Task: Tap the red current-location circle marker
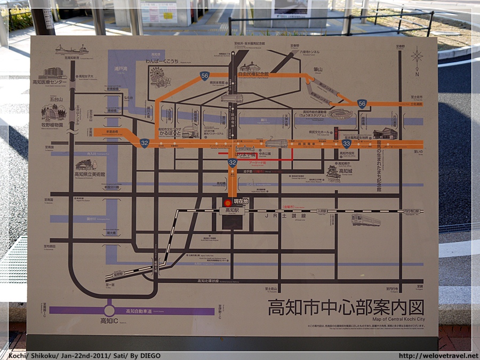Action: [228, 203]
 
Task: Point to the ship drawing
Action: [71, 50]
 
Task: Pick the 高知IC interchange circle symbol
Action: [109, 310]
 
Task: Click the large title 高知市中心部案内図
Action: [346, 308]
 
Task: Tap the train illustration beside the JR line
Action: [366, 220]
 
